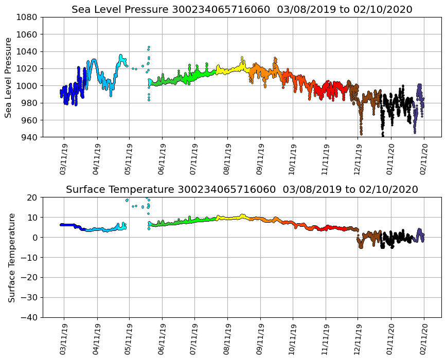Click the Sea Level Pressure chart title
[x=242, y=10]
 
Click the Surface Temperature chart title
[x=242, y=190]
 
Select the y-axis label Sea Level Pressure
[x=9, y=77]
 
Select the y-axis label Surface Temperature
[x=11, y=257]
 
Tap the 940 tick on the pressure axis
[x=29, y=137]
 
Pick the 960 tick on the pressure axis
[x=29, y=120]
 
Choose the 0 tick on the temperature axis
[x=35, y=238]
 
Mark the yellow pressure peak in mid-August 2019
[x=242, y=58]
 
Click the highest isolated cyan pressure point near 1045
[x=149, y=47]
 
